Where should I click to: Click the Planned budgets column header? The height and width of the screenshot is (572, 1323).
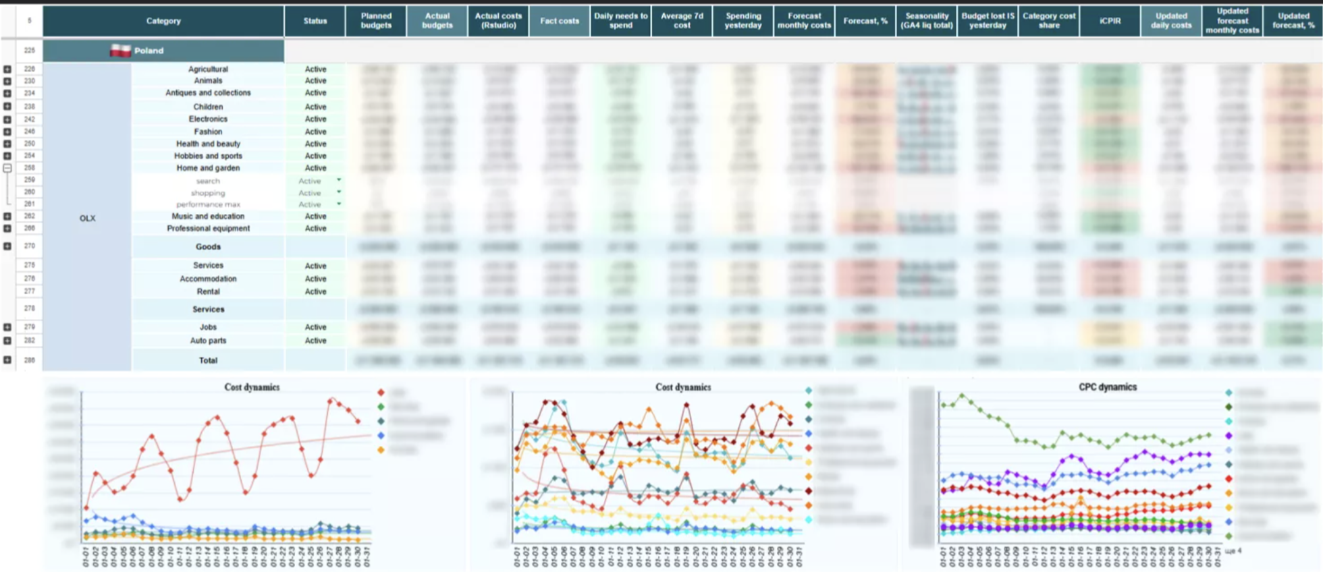(376, 21)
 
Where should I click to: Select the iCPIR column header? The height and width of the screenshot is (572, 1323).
(1110, 21)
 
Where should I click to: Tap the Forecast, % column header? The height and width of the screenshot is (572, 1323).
(865, 21)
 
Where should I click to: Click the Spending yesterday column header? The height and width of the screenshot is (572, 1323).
(742, 21)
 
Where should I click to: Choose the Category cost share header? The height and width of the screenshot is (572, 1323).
(1048, 21)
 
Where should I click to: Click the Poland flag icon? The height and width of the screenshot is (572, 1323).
(120, 51)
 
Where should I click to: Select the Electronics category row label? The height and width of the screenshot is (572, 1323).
(208, 119)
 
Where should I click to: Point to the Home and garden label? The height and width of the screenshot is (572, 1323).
(208, 168)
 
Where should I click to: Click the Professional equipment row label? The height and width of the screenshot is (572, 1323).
(208, 229)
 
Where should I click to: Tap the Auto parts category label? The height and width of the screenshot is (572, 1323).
(208, 341)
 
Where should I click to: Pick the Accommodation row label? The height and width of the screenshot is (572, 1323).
(208, 279)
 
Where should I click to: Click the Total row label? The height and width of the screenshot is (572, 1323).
(208, 360)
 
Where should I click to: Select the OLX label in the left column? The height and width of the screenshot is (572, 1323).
(87, 219)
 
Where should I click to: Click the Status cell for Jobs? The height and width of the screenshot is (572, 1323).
(315, 327)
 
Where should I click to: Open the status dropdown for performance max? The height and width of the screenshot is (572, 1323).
(339, 204)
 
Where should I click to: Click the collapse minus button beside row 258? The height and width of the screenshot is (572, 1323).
(7, 168)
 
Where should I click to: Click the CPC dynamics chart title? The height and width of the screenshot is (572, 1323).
(1107, 387)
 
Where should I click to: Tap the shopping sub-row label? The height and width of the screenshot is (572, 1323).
(208, 193)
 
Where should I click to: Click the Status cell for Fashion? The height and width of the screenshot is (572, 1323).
(315, 132)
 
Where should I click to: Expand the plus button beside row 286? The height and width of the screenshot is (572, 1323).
(7, 360)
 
